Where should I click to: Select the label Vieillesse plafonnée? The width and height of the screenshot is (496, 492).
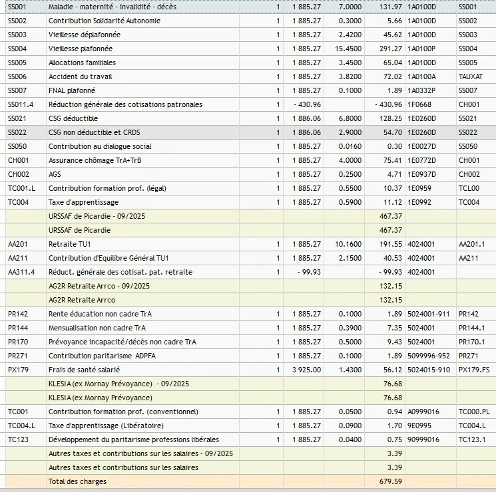pos(81,49)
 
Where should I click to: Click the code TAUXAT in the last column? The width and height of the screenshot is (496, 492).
pos(470,76)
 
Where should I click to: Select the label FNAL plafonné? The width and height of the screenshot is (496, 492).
pos(72,90)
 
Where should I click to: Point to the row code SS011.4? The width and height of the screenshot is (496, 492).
pos(21,104)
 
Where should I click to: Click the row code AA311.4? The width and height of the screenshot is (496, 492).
pos(21,272)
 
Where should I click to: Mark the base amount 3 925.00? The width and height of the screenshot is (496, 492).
pos(306,370)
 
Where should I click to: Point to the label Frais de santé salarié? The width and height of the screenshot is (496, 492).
pos(84,370)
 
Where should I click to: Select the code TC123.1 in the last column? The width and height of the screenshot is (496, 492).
pos(472,439)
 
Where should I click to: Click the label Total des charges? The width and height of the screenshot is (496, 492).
pos(77,481)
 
